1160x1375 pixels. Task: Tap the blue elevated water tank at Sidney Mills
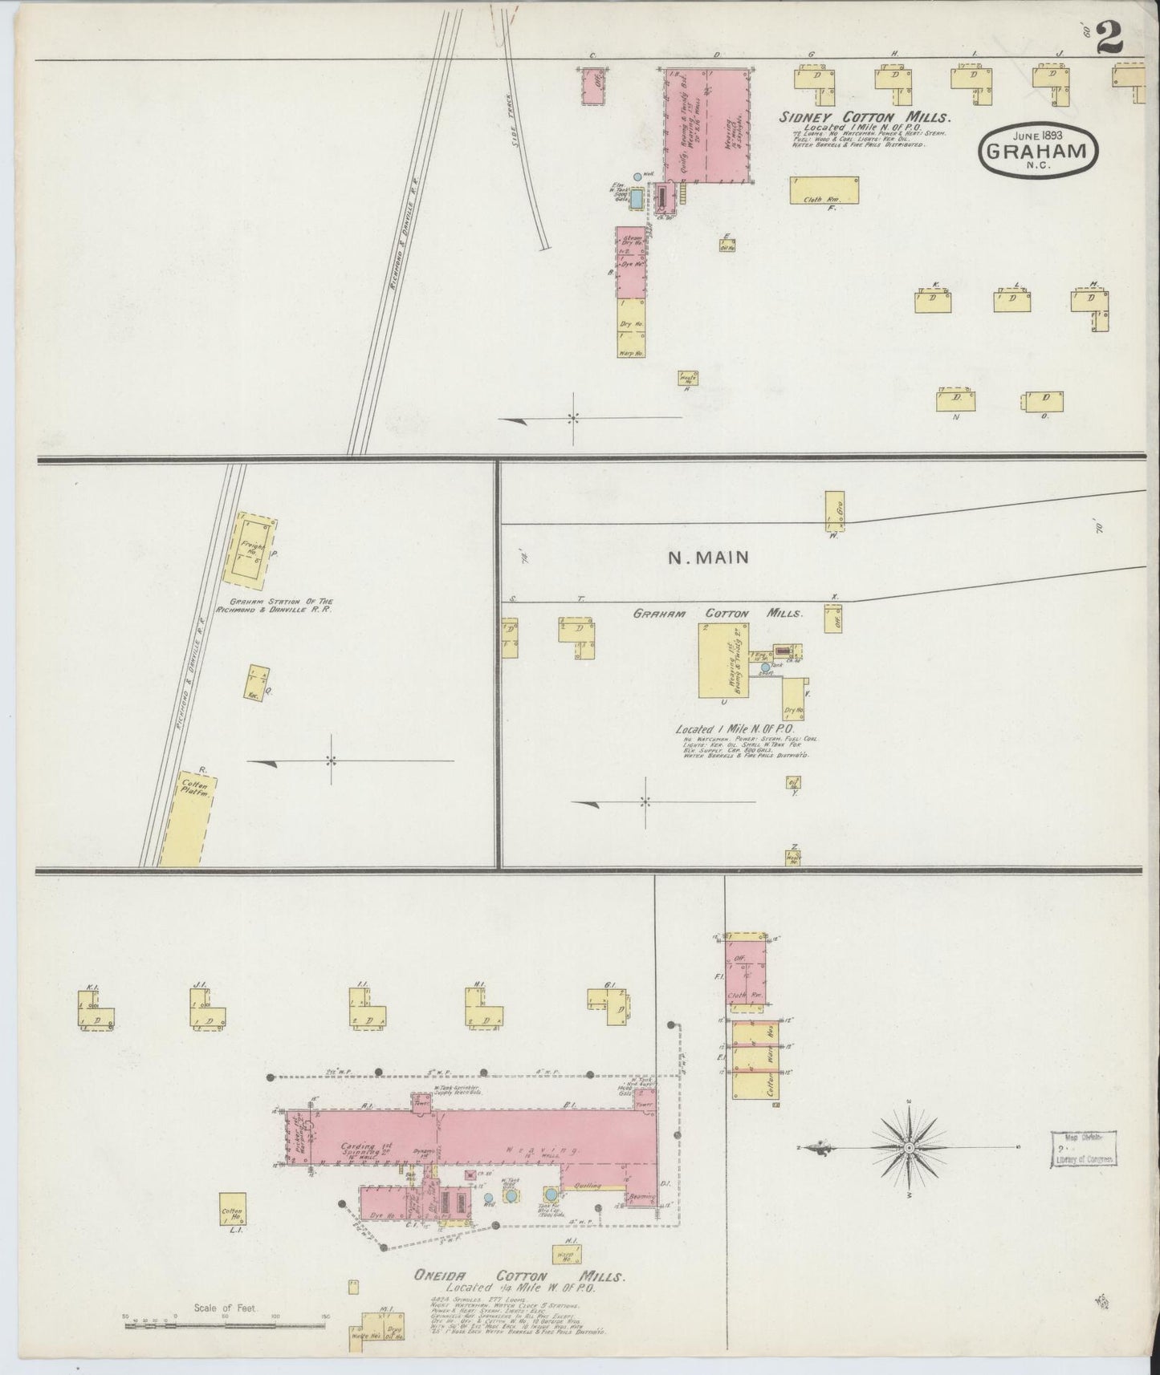tap(637, 197)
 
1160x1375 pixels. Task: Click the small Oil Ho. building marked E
tap(727, 245)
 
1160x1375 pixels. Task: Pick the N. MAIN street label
tap(709, 557)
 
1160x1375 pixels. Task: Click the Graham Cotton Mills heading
tap(717, 614)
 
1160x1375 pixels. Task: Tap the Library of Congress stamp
tap(1085, 1150)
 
